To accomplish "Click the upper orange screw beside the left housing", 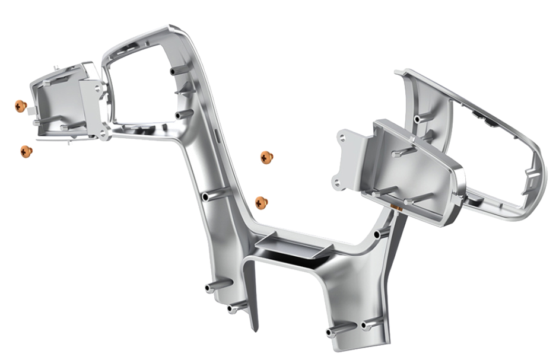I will pyautogui.click(x=21, y=106).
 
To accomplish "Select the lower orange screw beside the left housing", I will pyautogui.click(x=26, y=151).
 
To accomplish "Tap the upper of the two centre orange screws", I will pyautogui.click(x=266, y=157).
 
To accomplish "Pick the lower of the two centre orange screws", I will pyautogui.click(x=261, y=202).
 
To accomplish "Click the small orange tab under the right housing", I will pyautogui.click(x=397, y=206).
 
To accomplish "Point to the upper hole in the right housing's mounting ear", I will pyautogui.click(x=343, y=138).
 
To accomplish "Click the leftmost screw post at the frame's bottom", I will pyautogui.click(x=209, y=288).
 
